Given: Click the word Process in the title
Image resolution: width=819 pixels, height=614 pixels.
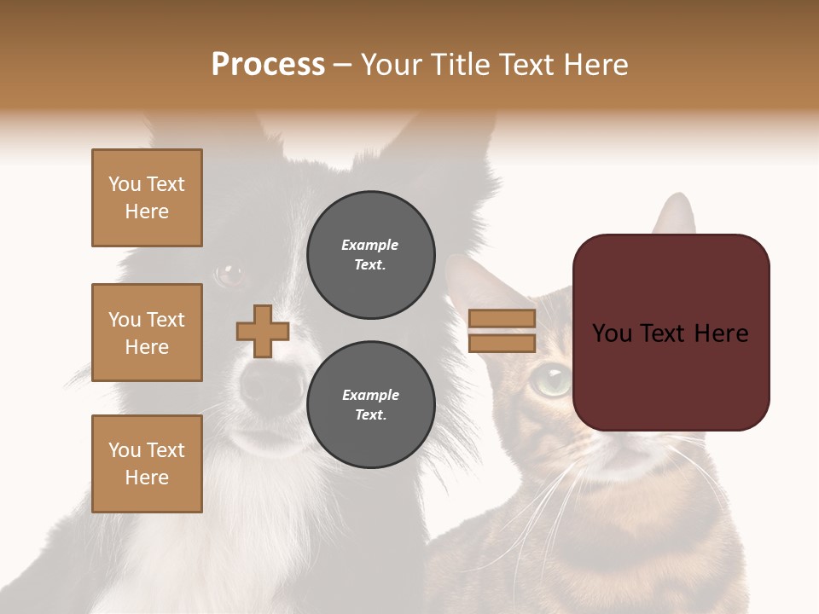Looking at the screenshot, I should coord(268,65).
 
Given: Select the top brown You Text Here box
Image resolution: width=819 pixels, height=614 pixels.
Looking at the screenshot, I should coord(147,198).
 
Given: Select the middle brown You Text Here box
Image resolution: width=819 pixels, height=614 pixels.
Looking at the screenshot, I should coord(147,333).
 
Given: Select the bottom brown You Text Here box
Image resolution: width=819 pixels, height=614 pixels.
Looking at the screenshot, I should coord(147,464).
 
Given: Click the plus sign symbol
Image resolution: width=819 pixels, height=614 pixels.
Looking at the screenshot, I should coord(263,331).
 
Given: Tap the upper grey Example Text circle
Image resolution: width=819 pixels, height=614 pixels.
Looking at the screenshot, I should coord(370,255).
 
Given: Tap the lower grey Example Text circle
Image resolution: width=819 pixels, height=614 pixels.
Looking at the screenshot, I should coord(370,405).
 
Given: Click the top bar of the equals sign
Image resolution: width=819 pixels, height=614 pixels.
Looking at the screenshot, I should coord(502,319).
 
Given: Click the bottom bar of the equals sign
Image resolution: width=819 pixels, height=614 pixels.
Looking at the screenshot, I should coord(502,344).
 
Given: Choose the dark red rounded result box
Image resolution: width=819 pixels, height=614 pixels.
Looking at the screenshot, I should coord(671,333).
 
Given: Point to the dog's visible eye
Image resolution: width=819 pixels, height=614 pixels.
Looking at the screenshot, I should coord(229,275).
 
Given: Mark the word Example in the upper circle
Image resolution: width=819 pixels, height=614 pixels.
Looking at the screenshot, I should coord(369,246).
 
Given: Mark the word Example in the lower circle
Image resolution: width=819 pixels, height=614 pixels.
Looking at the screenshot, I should coord(370,396).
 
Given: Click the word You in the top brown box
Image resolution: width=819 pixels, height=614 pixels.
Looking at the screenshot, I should coord(125,184).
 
